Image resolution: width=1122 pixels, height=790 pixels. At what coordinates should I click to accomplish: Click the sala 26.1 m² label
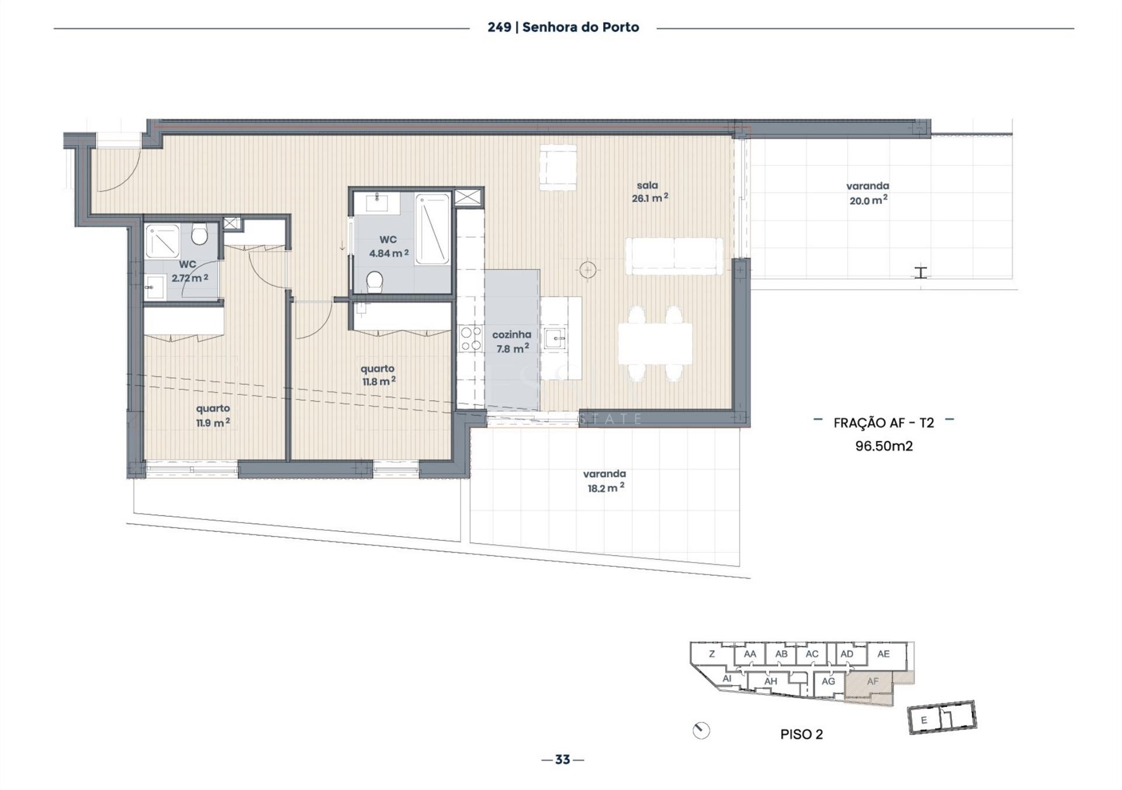649,192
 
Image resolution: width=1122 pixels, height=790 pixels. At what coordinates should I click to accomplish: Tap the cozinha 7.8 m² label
512,342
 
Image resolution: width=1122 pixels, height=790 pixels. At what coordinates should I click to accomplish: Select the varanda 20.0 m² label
868,193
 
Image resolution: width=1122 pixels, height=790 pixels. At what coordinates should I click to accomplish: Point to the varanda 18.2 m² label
605,481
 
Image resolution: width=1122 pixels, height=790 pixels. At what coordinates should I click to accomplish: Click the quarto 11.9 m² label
213,415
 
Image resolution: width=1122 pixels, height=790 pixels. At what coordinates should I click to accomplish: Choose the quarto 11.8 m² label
378,375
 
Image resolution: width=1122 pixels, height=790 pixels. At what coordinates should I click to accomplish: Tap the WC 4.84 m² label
389,246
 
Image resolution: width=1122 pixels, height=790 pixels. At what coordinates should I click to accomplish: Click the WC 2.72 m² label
189,272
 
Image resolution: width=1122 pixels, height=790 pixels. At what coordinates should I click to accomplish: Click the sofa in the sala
674,256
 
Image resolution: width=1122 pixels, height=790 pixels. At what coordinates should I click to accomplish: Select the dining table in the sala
655,343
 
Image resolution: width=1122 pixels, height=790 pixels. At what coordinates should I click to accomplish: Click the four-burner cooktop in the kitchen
470,339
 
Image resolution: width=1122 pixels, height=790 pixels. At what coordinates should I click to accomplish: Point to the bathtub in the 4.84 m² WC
432,229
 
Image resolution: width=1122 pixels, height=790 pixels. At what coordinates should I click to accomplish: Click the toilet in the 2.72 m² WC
199,234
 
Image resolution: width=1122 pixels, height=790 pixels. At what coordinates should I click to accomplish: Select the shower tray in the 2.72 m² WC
162,241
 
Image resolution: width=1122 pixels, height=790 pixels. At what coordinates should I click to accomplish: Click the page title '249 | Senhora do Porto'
563,27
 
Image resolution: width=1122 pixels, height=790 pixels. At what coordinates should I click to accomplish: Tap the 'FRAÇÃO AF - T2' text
884,423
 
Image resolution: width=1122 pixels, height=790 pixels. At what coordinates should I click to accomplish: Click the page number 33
562,759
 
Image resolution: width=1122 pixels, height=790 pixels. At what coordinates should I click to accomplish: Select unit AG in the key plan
828,681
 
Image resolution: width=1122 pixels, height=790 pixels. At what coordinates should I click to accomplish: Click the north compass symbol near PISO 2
701,730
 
